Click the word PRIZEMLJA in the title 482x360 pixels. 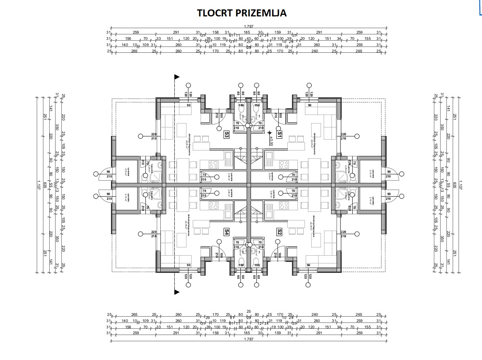tap(262, 13)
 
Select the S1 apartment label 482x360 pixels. tap(280, 135)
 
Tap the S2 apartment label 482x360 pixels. tap(280, 232)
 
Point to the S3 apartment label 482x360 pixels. tap(226, 135)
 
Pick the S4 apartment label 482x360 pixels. tap(226, 232)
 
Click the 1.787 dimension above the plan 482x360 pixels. tap(249, 27)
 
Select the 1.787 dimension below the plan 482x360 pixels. tap(249, 339)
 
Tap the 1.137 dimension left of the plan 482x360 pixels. tap(39, 184)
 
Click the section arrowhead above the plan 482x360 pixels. tap(177, 77)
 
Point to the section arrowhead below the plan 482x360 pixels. tap(177, 292)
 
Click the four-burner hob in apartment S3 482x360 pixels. tap(213, 165)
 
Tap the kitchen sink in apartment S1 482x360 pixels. tap(269, 158)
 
